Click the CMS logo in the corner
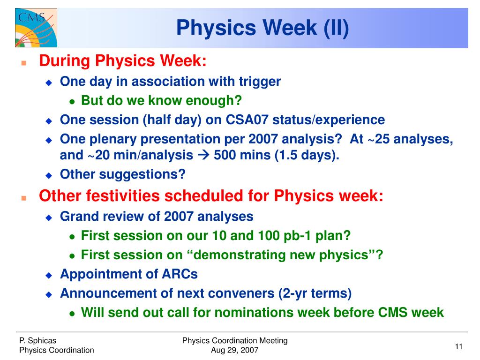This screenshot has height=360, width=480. [x=36, y=28]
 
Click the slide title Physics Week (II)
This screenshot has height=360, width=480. [x=262, y=28]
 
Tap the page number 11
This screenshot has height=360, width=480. [x=458, y=346]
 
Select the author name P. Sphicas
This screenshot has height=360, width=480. [x=37, y=340]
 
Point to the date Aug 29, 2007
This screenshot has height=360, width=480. [x=235, y=350]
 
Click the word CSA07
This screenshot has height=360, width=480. [x=247, y=120]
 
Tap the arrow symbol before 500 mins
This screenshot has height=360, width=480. [x=203, y=155]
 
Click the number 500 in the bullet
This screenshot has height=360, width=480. [x=224, y=155]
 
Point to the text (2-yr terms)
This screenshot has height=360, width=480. [x=315, y=293]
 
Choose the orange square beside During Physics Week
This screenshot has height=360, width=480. [x=24, y=63]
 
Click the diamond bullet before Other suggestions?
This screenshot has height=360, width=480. [x=49, y=175]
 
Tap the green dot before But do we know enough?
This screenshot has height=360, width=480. [x=72, y=102]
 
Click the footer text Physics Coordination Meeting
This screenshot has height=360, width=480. [x=235, y=340]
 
